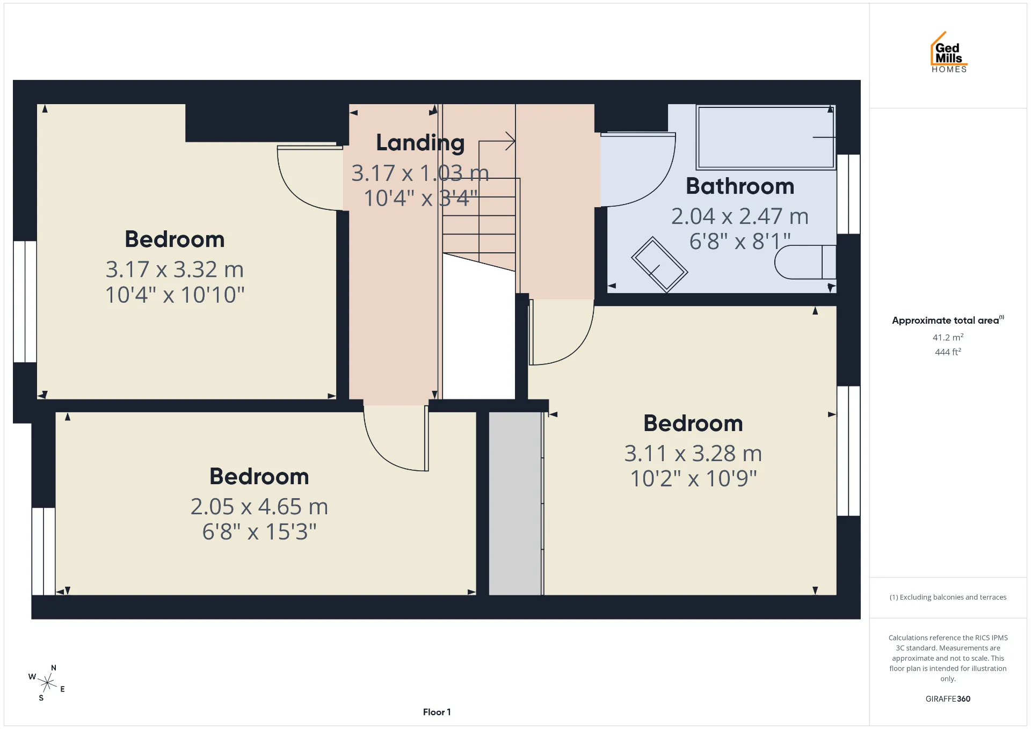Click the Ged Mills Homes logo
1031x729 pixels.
[x=949, y=52]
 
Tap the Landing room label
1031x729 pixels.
[x=420, y=143]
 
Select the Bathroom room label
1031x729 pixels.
[x=740, y=186]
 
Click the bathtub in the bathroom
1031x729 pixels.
[x=766, y=137]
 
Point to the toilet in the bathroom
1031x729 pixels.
[x=805, y=262]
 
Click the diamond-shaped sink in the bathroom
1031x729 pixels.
[x=659, y=265]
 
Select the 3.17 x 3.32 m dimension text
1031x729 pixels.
[x=175, y=269]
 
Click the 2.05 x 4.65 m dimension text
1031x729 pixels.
[x=259, y=507]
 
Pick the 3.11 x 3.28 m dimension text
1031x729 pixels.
[x=693, y=454]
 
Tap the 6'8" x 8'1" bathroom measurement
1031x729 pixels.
[x=740, y=242]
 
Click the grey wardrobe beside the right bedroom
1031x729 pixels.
[x=515, y=504]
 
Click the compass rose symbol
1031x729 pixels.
[x=47, y=683]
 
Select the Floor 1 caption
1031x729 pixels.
[x=437, y=712]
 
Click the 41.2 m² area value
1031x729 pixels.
[x=948, y=337]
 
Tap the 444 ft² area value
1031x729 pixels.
[x=948, y=352]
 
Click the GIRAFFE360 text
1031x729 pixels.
[x=948, y=699]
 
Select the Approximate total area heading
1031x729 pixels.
[x=948, y=320]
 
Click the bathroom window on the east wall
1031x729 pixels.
[x=848, y=194]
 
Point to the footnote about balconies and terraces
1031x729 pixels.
[x=948, y=597]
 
